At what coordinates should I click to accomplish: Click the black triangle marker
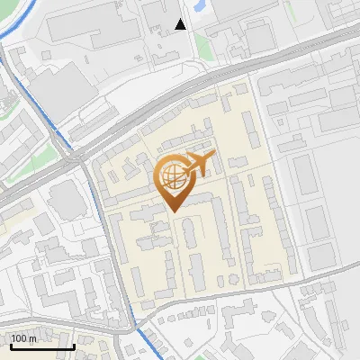[x=181, y=24]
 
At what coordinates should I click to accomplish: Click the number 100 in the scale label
[x=19, y=338]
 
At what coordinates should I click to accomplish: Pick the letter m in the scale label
[x=32, y=338]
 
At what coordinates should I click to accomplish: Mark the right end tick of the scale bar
[x=74, y=345]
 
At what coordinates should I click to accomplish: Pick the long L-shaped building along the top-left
[x=85, y=27]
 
